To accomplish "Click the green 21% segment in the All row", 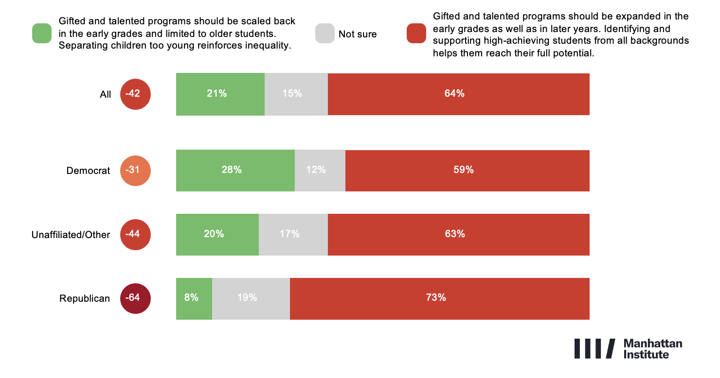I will [220, 94].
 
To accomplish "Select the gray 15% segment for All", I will [296, 94].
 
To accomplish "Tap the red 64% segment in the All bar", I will [458, 94].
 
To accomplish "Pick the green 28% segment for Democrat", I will [235, 171].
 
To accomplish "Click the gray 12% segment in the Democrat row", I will [320, 171].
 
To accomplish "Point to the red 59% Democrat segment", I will [467, 171].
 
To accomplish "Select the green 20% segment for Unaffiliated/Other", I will [217, 235].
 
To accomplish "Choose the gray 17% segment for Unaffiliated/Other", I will [293, 235].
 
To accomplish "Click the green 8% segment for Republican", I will [194, 298].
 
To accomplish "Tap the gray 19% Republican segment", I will [251, 298].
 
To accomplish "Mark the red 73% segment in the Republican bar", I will [439, 298].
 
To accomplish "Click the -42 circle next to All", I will [135, 94].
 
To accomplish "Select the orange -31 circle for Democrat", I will [135, 171].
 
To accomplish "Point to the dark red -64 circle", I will [135, 298].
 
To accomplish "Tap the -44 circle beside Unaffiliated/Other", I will [135, 235].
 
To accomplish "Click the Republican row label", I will [85, 298].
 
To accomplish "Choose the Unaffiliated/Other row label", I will [71, 235].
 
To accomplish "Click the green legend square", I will [42, 33].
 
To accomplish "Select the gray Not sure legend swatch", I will [324, 33].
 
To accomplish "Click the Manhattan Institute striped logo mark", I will [594, 348].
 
